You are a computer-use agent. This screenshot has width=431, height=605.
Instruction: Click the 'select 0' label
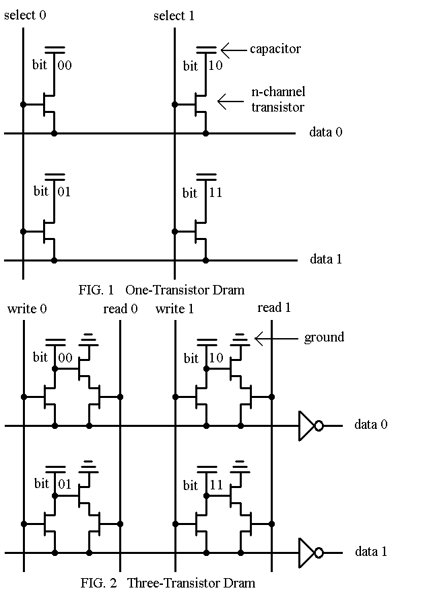[26, 15]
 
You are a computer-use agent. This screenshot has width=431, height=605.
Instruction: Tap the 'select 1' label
[174, 15]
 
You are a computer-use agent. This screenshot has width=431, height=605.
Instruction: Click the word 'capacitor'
[275, 49]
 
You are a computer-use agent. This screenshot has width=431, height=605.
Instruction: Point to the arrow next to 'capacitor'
[234, 49]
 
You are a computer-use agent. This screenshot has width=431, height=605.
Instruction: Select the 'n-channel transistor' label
[278, 99]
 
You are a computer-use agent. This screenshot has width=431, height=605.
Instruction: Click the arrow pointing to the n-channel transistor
[230, 102]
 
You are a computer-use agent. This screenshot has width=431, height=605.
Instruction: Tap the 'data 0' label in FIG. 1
[326, 132]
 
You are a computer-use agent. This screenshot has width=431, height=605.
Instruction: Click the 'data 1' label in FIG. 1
[326, 259]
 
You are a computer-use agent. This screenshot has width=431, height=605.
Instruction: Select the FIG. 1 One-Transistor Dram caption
[161, 290]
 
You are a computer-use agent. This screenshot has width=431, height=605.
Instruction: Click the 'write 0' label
[27, 309]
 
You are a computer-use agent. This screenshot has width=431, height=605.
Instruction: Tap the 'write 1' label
[175, 309]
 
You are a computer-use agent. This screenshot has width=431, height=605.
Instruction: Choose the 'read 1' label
[274, 308]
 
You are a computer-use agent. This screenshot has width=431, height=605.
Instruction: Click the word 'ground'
[324, 337]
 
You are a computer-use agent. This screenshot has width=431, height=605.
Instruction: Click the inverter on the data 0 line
[310, 426]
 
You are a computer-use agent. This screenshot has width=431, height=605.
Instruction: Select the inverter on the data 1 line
[310, 552]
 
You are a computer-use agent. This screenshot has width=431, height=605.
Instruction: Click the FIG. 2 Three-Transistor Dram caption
[166, 583]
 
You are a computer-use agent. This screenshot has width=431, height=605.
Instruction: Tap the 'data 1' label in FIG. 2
[371, 552]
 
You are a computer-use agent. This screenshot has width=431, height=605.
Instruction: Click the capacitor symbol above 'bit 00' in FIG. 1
[55, 50]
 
